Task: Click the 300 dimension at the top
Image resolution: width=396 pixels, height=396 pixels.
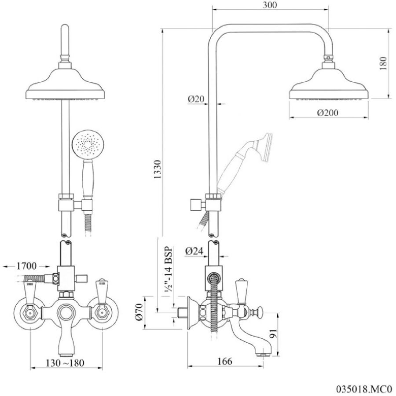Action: pos(270,5)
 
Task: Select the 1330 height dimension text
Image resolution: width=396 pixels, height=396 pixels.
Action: pos(158,169)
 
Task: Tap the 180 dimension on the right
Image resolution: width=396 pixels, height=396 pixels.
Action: pos(383,63)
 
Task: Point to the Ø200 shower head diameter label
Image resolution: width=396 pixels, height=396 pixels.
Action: pos(327,112)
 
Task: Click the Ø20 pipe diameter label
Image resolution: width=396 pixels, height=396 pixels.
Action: pos(196,99)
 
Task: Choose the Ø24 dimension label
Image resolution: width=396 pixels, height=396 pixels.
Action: pos(194,251)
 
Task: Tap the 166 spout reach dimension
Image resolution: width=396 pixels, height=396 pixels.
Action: pos(224,361)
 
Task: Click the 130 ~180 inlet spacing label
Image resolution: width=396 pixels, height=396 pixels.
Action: pos(65,363)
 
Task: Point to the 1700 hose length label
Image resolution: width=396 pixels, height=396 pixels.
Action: pos(26,266)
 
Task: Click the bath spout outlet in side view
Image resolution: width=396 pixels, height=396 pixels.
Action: pos(263,354)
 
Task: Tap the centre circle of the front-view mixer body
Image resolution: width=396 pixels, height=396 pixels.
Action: pos(66,312)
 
